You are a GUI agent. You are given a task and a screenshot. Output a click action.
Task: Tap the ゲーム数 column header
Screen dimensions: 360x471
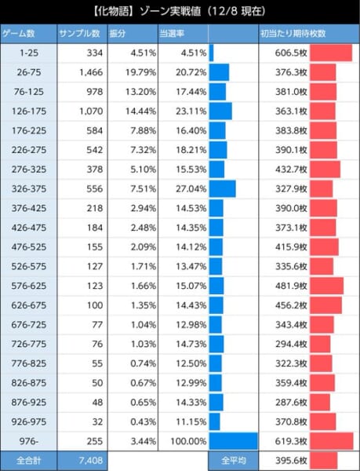pyautogui.click(x=19, y=34)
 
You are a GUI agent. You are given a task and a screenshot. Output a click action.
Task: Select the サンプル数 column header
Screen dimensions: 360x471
pyautogui.click(x=79, y=34)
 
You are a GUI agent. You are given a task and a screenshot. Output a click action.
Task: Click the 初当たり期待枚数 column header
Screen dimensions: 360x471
pyautogui.click(x=293, y=34)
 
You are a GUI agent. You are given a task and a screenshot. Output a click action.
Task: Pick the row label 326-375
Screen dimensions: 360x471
pyautogui.click(x=29, y=188)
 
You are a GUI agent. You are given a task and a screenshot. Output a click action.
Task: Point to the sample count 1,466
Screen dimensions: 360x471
pyautogui.click(x=91, y=72)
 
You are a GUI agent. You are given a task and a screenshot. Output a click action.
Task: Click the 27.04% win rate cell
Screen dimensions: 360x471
pyautogui.click(x=191, y=188)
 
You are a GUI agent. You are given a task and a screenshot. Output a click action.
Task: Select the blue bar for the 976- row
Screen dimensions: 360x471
pyautogui.click(x=234, y=441)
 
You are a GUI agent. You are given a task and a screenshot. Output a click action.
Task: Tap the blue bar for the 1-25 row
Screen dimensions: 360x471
pyautogui.click(x=211, y=53)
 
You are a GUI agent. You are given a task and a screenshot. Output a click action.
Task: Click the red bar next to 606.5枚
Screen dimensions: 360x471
pyautogui.click(x=331, y=53)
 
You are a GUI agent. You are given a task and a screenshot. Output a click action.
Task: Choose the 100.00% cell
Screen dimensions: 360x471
pyautogui.click(x=188, y=441)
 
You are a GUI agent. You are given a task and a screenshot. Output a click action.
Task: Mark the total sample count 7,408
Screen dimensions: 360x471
pyautogui.click(x=91, y=460)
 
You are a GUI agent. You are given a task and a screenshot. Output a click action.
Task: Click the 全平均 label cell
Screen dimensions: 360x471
pyautogui.click(x=234, y=461)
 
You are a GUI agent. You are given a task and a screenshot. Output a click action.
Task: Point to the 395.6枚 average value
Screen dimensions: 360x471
pyautogui.click(x=291, y=461)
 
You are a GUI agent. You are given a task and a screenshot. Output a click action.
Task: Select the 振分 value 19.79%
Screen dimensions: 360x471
pyautogui.click(x=140, y=72)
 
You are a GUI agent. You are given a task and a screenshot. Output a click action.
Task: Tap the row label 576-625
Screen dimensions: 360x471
pyautogui.click(x=29, y=286)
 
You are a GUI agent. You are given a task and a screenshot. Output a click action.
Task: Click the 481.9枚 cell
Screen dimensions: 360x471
pyautogui.click(x=291, y=286)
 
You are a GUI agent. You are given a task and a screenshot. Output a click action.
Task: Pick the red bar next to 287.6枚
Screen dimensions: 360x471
pyautogui.click(x=320, y=402)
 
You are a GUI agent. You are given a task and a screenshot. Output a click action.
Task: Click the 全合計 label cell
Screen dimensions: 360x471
pyautogui.click(x=28, y=461)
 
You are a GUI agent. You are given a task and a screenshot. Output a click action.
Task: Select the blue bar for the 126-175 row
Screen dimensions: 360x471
pyautogui.click(x=220, y=111)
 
